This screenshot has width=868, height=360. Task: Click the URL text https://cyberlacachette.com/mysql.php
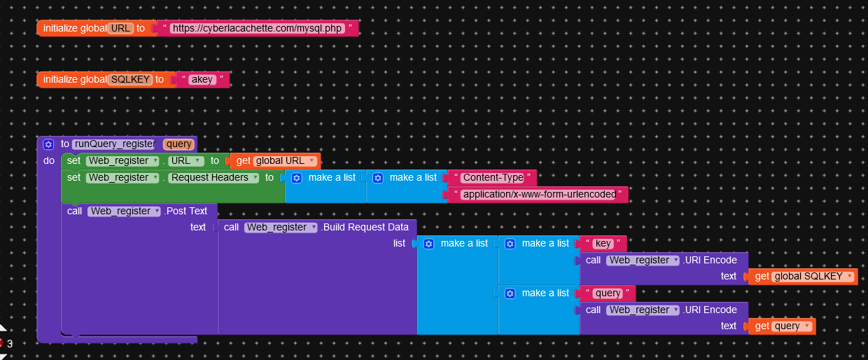tap(258, 29)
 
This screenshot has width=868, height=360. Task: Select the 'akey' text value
tap(202, 80)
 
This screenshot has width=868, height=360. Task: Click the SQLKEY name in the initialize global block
tap(130, 80)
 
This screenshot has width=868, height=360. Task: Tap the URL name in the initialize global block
tap(120, 29)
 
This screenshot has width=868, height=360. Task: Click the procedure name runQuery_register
tap(113, 144)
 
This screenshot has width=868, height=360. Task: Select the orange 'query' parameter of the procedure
tap(178, 144)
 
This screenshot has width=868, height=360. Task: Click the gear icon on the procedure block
tap(48, 144)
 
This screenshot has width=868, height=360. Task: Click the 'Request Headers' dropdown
tap(213, 178)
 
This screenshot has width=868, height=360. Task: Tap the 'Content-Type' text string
tap(493, 178)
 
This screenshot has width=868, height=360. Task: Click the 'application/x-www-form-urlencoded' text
tap(538, 195)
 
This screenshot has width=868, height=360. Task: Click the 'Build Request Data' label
tap(365, 228)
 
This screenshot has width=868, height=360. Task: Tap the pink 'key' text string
tap(603, 244)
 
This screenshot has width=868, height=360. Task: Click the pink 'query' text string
tap(607, 293)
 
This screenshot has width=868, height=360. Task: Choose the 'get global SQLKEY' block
tap(803, 277)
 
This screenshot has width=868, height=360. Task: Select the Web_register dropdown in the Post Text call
tap(123, 211)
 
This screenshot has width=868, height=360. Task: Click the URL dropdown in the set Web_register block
tap(185, 161)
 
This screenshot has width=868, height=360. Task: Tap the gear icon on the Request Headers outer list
tap(296, 178)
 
